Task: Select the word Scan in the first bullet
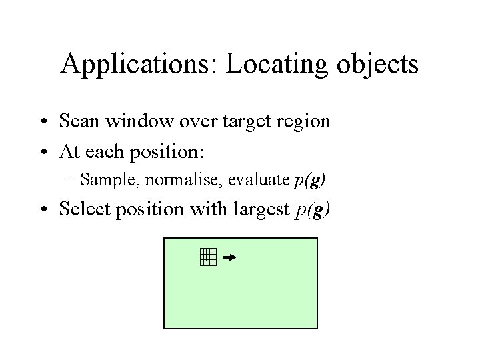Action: [x=79, y=121]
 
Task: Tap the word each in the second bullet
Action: [x=109, y=151]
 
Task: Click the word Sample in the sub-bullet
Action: [x=105, y=179]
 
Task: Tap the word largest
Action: [x=257, y=209]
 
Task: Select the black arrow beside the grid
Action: [x=229, y=257]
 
